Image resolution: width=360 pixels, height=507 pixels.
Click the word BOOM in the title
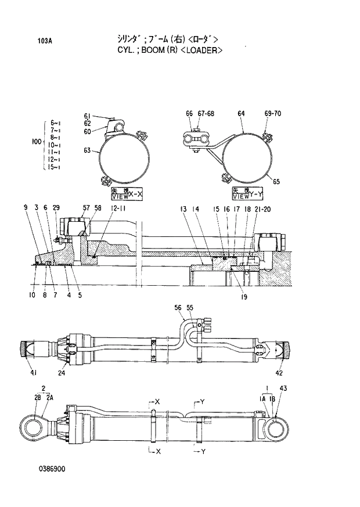(152, 51)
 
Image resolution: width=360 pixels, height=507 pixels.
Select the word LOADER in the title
(201, 51)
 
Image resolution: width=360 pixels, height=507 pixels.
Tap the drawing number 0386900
(52, 469)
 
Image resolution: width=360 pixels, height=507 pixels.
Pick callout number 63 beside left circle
(87, 151)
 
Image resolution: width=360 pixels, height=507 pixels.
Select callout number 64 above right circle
(241, 114)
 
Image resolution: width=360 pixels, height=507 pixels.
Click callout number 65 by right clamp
(276, 181)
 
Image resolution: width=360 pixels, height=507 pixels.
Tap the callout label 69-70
(272, 114)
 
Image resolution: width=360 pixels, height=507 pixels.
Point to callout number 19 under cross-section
(244, 297)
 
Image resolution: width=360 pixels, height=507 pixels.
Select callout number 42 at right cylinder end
(279, 372)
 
